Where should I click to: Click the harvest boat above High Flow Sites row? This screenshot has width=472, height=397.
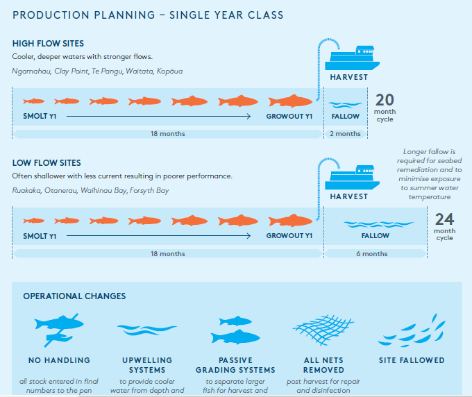[x=352, y=58]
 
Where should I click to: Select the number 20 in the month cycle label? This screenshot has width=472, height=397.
[x=385, y=100]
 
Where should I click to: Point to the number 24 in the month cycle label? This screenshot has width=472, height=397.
[x=444, y=219]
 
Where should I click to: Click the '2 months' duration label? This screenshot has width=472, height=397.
[x=345, y=134]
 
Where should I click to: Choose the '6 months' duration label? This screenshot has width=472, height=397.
[x=372, y=254]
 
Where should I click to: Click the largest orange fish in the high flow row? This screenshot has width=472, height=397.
[x=290, y=101]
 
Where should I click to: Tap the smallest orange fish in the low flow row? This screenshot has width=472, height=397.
[x=34, y=221]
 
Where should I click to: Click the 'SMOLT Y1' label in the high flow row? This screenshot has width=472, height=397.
[x=40, y=116]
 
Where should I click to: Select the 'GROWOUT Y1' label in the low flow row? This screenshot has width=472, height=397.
[x=289, y=236]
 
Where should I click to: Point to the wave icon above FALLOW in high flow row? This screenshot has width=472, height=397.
[x=345, y=104]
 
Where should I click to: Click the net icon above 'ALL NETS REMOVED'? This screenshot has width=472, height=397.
[x=323, y=330]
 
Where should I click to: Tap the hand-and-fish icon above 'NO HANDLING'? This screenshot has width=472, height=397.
[x=59, y=330]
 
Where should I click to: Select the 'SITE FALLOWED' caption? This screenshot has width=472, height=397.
[x=412, y=360]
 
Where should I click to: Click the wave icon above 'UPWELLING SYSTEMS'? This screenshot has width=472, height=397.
[x=147, y=330]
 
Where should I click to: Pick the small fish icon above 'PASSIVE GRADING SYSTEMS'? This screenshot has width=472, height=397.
[x=235, y=321]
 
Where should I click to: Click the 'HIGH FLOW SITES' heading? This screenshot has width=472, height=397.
[x=48, y=44]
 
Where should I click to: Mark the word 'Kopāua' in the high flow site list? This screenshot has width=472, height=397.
[x=170, y=71]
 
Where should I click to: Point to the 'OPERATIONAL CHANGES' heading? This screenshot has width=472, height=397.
[x=74, y=296]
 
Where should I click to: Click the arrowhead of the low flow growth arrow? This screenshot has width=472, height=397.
[x=248, y=236]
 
